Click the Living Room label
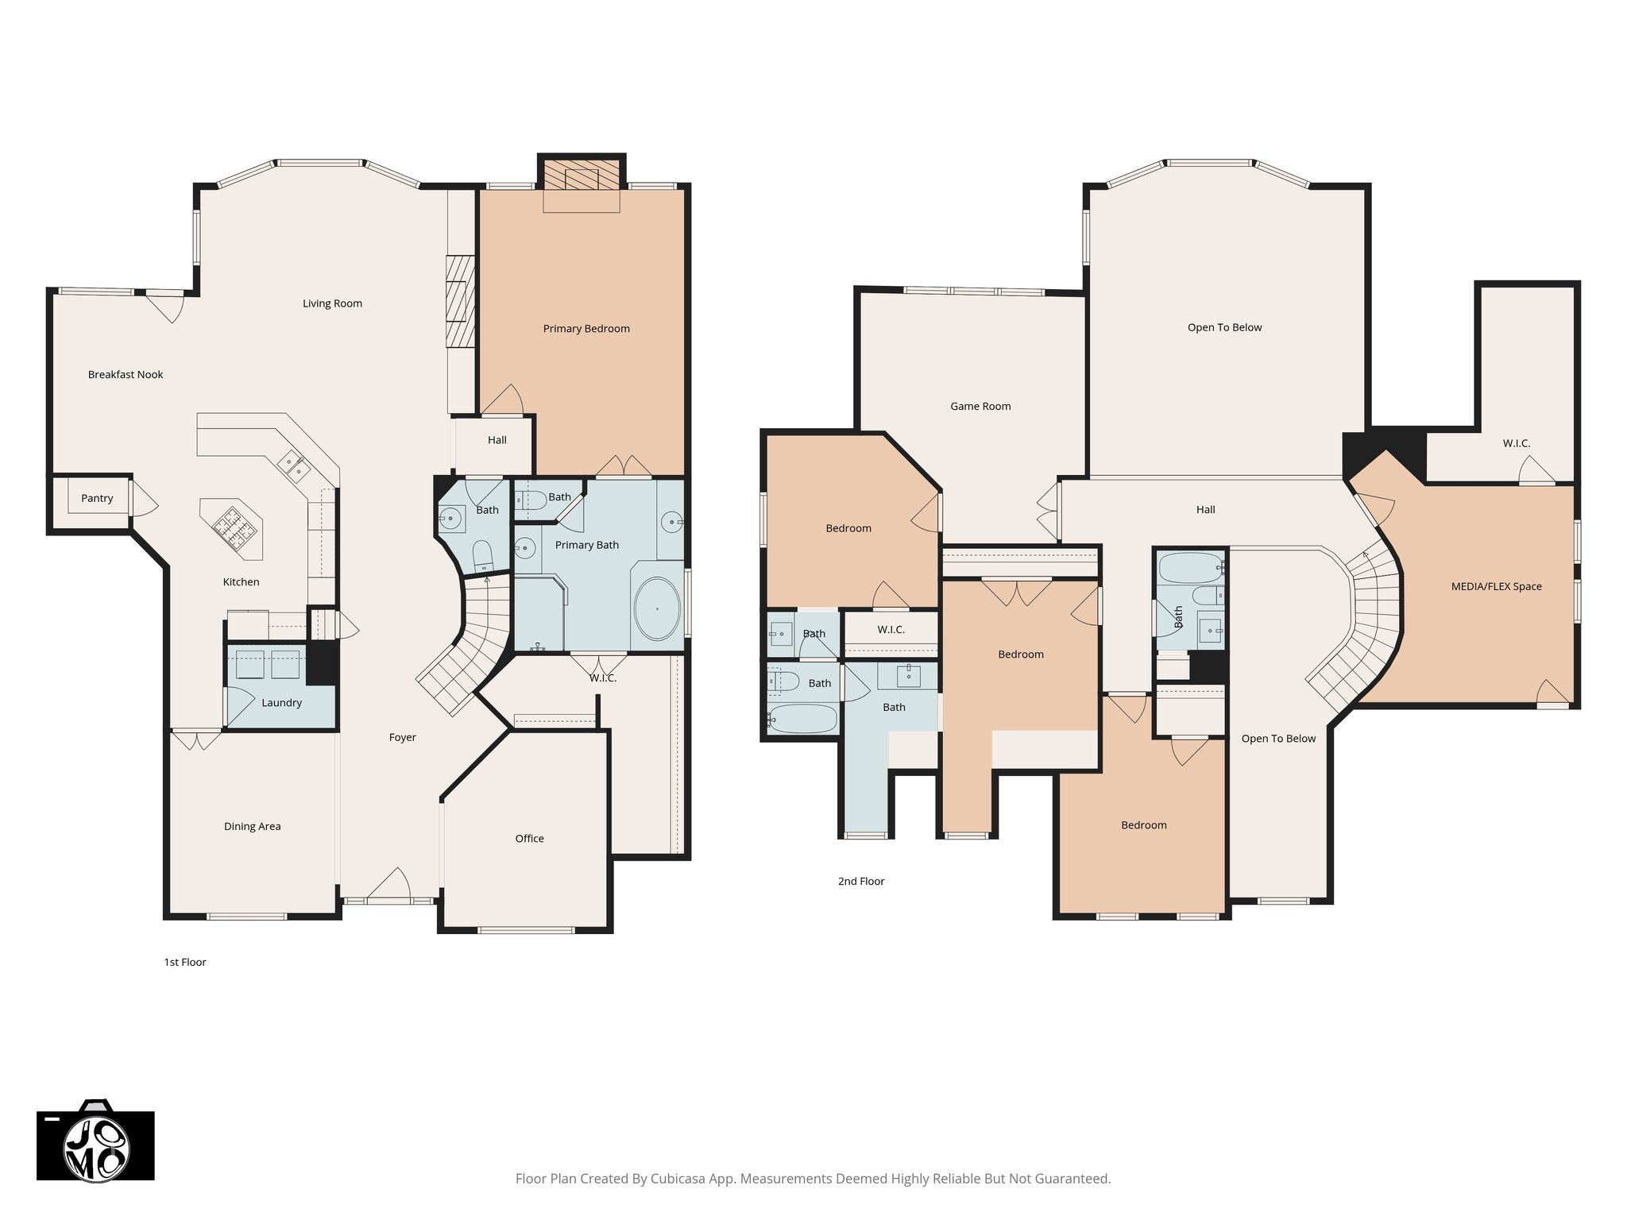332,303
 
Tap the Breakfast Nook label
126,375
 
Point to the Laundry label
281,703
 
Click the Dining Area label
252,827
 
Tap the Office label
529,839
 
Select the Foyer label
403,738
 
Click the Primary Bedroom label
586,329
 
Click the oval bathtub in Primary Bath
656,608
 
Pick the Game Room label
980,407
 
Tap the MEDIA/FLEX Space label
1496,587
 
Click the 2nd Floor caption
861,881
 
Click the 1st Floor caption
185,962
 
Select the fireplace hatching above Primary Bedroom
582,178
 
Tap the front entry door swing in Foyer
392,884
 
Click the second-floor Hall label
1205,510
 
